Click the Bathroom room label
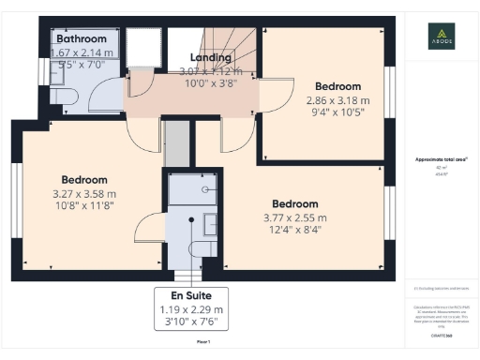coord(81,39)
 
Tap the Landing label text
coord(210,57)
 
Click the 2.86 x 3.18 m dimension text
coord(337,100)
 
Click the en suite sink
coord(211,224)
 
